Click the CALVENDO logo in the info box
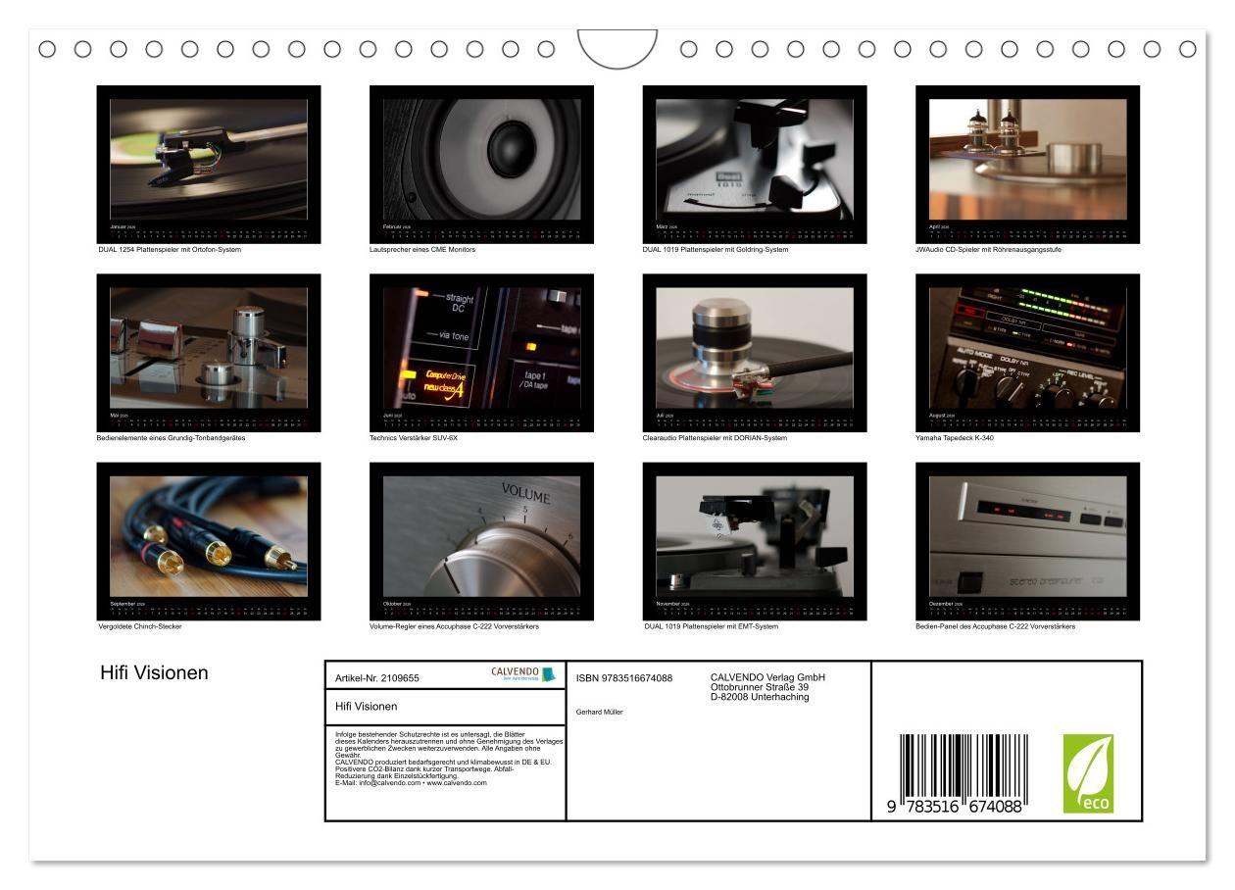(x=522, y=674)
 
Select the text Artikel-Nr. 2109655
(x=376, y=677)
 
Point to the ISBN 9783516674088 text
(x=624, y=677)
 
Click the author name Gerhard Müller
(x=600, y=712)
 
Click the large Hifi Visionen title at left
(x=154, y=673)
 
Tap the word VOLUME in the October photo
(x=525, y=493)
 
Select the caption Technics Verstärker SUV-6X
(x=413, y=438)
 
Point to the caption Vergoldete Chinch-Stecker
(x=140, y=626)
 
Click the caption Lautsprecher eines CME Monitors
(x=421, y=250)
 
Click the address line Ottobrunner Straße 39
(x=759, y=687)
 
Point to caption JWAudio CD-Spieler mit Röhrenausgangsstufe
(x=988, y=250)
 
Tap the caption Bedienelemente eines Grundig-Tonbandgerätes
(x=172, y=438)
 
